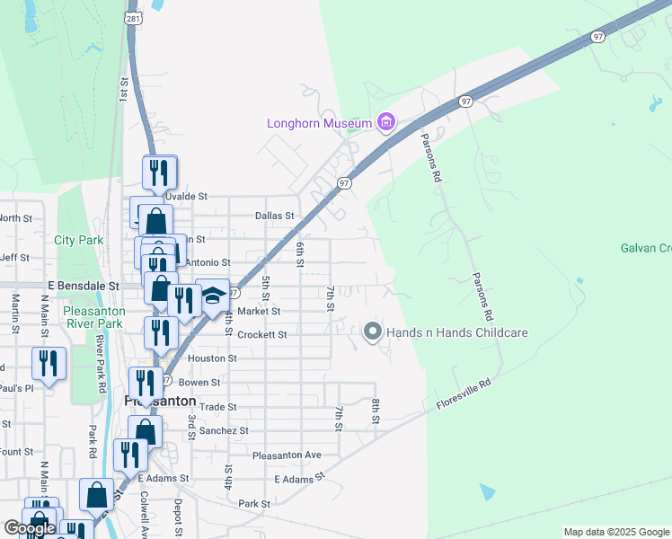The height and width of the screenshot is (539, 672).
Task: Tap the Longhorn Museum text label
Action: (319, 123)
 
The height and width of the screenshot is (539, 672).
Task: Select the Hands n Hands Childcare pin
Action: (373, 332)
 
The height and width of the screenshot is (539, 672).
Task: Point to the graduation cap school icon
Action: (213, 296)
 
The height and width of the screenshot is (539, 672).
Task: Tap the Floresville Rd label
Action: (464, 394)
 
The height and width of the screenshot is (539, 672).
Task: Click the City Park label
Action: (78, 240)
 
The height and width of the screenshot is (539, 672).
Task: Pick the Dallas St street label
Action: (274, 216)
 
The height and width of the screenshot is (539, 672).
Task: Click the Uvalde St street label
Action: (186, 195)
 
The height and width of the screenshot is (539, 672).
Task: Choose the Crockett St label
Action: (262, 334)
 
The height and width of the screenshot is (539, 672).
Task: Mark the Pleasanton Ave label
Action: (287, 455)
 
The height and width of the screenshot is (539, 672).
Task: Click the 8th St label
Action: (376, 411)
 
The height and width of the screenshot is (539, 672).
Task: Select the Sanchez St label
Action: (225, 430)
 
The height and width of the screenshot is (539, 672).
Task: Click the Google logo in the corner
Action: (30, 528)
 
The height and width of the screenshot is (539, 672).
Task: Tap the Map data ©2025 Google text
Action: (615, 532)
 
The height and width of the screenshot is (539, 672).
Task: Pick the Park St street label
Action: (254, 504)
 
